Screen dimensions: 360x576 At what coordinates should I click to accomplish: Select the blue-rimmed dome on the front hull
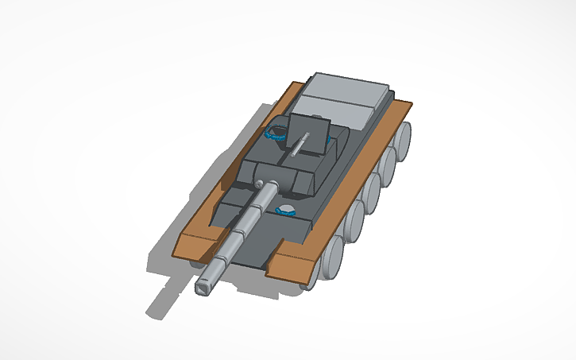[286, 211]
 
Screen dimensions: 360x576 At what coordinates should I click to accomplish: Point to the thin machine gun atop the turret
[300, 144]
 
